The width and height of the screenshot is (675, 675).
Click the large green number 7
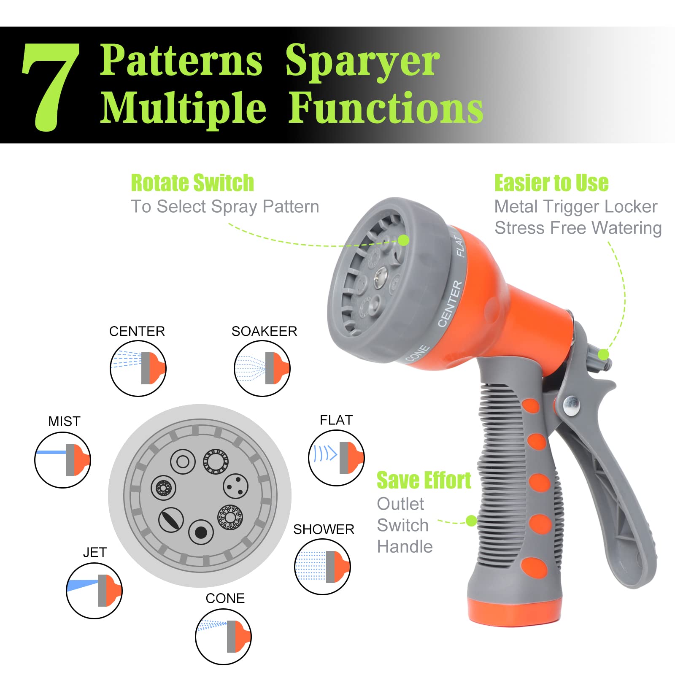[x=51, y=86]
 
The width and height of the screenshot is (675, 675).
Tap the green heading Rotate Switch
[x=192, y=183]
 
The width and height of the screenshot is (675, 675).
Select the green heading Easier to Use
[x=551, y=183]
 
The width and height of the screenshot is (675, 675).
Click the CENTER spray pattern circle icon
[x=138, y=368]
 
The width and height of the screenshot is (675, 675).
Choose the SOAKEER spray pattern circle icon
[x=262, y=368]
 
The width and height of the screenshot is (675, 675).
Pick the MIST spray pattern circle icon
[x=62, y=460]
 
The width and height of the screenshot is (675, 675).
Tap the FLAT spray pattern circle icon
[x=336, y=458]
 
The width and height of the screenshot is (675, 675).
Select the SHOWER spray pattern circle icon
[x=322, y=567]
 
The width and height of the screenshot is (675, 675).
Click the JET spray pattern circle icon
[x=94, y=591]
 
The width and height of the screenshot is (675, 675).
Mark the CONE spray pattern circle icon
[x=223, y=636]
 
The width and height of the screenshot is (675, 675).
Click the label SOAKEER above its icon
[x=264, y=331]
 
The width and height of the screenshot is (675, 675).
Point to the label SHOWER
[x=324, y=529]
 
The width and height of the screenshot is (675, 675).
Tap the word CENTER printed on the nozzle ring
[x=450, y=303]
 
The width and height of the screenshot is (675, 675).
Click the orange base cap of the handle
[x=514, y=611]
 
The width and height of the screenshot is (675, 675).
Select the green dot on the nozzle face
[x=404, y=240]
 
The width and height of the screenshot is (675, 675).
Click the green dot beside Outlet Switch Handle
[x=471, y=521]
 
